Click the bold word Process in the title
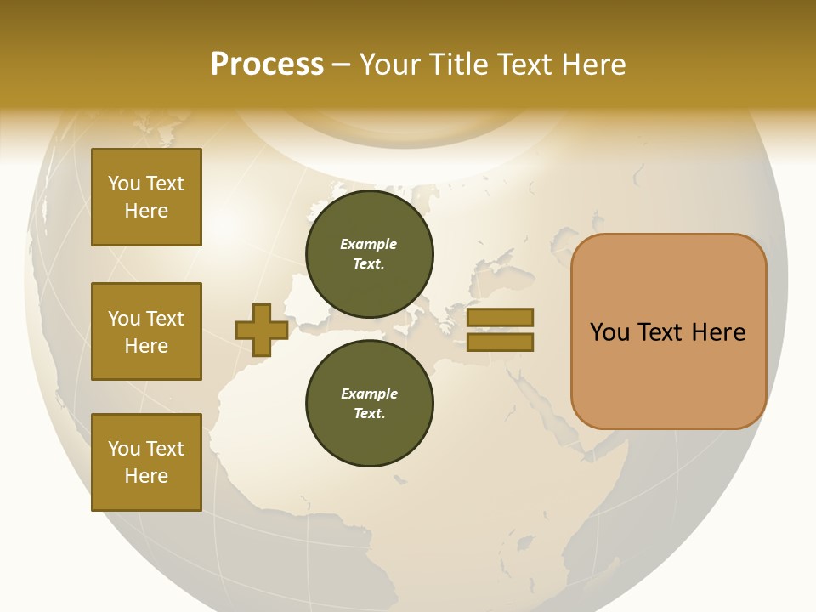267,65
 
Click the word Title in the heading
459,65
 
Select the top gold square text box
146,197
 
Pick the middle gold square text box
146,331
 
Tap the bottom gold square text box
146,462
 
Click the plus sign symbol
262,330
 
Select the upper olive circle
369,254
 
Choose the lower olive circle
369,404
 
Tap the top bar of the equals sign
501,317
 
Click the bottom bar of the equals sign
501,342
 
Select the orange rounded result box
668,331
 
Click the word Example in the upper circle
369,244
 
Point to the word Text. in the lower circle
369,414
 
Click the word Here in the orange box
718,332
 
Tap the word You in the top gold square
123,184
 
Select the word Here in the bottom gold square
146,476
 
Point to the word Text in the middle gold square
165,319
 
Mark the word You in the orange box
609,332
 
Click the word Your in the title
391,65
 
